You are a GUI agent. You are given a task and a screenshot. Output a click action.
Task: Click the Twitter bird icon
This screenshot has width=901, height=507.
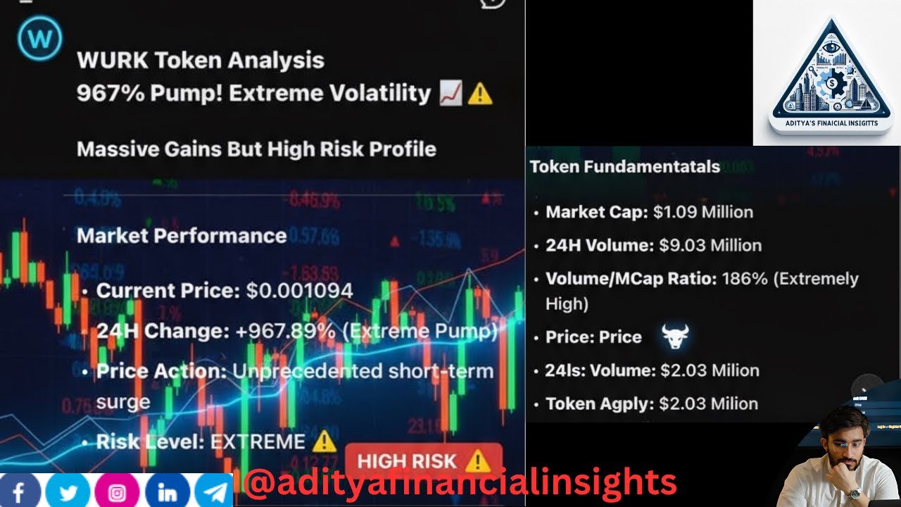pos(68,491)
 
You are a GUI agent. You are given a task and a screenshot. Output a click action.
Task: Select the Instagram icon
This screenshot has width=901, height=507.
pos(117,491)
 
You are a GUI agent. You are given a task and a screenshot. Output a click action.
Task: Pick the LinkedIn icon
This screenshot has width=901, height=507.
pos(167,491)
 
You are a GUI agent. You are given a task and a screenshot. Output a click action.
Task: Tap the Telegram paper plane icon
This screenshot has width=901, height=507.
pos(213,491)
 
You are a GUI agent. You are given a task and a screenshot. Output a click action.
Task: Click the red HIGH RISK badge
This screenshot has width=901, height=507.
pos(423,461)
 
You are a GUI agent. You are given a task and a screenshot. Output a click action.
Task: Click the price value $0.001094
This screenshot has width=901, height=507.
pos(299,290)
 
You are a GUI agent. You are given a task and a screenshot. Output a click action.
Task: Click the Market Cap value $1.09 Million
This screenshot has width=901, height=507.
pos(702,212)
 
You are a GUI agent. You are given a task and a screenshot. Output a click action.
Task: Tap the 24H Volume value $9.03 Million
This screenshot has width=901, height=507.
pos(710,245)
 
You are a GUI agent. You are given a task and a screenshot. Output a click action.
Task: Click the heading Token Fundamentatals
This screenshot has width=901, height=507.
pos(624,167)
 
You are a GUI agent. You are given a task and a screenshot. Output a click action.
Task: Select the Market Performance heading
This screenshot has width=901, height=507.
pos(181,235)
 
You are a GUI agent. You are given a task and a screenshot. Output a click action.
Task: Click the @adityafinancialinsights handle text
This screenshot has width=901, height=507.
pos(459,483)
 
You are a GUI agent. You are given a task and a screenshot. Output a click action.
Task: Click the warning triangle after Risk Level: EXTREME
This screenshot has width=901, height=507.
pos(325,442)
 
